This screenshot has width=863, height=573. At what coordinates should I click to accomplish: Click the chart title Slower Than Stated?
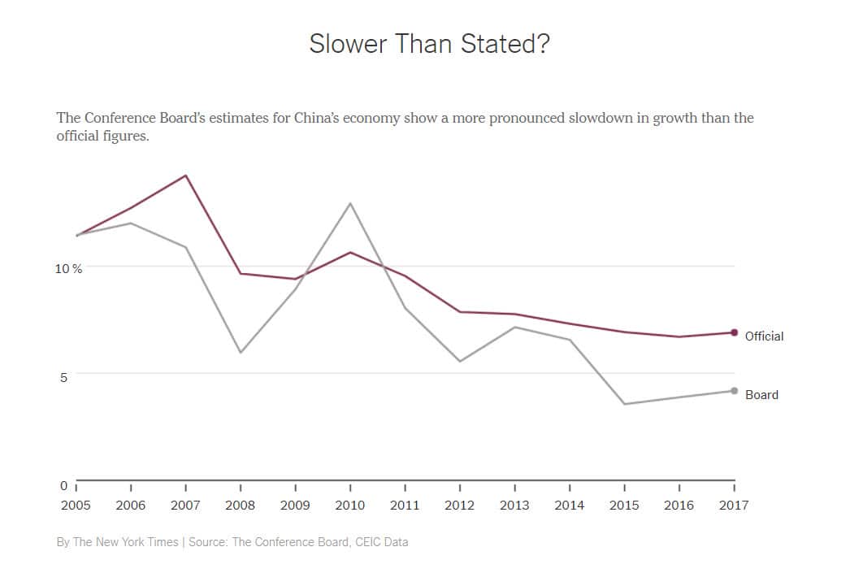[x=429, y=44]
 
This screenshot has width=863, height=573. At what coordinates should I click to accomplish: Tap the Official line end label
[x=764, y=336]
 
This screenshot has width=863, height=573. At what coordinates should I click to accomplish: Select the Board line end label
[x=761, y=394]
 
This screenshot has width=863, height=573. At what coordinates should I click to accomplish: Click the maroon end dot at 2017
[x=734, y=332]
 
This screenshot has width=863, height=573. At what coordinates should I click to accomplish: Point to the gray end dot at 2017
[x=734, y=391]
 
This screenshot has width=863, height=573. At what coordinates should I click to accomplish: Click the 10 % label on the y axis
[x=68, y=268]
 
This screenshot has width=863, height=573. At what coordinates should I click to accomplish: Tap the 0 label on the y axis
[x=63, y=485]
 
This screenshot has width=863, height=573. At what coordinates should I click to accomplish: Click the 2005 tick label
[x=76, y=505]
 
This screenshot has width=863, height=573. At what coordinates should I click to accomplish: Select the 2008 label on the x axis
[x=241, y=505]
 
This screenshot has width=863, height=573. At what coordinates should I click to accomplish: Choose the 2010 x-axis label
[x=350, y=505]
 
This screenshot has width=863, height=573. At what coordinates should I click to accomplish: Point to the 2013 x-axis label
[x=515, y=505]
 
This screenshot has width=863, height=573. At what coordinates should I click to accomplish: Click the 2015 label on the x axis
[x=624, y=505]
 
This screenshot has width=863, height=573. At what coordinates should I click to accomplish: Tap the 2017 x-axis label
[x=734, y=505]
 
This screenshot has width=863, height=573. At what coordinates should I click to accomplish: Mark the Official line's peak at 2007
[x=186, y=176]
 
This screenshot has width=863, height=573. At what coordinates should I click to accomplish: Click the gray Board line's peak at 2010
[x=350, y=203]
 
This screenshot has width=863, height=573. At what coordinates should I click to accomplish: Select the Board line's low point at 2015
[x=624, y=404]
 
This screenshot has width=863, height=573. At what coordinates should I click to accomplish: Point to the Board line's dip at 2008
[x=241, y=352]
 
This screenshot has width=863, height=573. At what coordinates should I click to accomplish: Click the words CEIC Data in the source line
[x=381, y=541]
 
